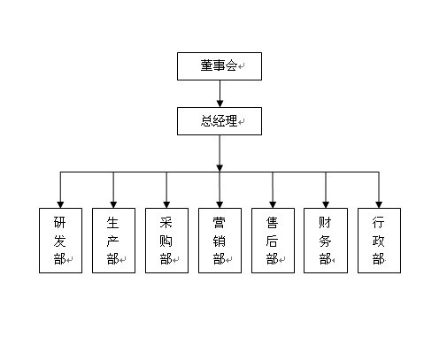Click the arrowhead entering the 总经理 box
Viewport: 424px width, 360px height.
(220, 103)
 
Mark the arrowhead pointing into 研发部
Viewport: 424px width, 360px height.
(60, 204)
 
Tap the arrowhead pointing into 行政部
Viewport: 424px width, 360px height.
(379, 204)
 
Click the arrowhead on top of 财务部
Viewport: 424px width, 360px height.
(326, 204)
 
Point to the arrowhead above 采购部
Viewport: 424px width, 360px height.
(166, 204)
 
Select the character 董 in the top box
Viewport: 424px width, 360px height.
(206, 65)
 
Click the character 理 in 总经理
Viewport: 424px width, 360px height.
(231, 120)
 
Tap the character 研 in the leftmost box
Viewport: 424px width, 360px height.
(59, 222)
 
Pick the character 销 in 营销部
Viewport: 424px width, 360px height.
(219, 241)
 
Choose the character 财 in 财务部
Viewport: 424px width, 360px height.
(325, 222)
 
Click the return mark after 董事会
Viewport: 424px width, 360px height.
(241, 66)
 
